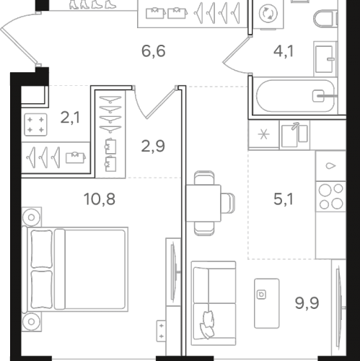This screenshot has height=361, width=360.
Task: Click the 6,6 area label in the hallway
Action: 154,51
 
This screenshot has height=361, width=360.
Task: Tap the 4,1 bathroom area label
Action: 284,51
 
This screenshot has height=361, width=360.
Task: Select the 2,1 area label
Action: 70,118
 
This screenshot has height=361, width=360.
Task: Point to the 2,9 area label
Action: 153,146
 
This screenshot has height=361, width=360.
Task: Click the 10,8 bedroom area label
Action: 100,199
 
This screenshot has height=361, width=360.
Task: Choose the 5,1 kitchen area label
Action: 284,199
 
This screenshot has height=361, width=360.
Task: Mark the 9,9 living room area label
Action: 307,303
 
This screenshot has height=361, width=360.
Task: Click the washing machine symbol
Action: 268,14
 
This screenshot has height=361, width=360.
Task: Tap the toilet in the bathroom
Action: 325,18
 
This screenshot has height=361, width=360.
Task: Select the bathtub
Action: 295,96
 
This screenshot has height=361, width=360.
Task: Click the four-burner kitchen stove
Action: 330,196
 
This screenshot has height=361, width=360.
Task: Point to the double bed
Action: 75,269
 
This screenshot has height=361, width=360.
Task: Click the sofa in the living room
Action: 214,303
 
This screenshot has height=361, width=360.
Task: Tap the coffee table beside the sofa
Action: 267,303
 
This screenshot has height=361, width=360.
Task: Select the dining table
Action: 203,203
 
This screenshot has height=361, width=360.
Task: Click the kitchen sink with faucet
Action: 294,135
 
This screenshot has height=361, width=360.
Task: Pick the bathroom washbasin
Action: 325,59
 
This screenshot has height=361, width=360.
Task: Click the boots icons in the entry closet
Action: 92,4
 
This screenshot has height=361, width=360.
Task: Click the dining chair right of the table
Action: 228,203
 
